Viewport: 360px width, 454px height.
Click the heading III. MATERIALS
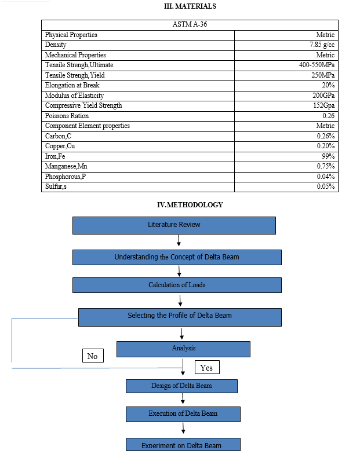click(190, 6)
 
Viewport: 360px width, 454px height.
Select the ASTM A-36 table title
click(190, 24)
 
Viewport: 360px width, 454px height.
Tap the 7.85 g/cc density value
click(322, 45)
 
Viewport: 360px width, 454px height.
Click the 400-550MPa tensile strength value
click(317, 65)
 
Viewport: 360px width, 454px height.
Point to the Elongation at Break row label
click(72, 85)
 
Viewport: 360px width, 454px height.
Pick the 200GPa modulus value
click(323, 95)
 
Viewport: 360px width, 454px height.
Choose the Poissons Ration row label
click(67, 116)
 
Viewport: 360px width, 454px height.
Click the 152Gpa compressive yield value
click(323, 105)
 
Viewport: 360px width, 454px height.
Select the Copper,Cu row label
click(60, 146)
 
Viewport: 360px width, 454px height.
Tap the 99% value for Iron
click(328, 156)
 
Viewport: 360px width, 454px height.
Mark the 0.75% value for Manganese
click(326, 166)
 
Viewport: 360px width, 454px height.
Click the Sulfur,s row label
click(56, 186)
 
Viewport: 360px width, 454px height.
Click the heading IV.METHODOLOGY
click(190, 205)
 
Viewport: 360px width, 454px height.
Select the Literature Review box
click(174, 225)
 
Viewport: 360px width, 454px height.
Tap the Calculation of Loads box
click(177, 285)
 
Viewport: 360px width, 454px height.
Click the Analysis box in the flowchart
click(183, 349)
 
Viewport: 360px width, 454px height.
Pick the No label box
click(93, 356)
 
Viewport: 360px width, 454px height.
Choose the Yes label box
click(207, 367)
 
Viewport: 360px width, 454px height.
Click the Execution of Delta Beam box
click(183, 414)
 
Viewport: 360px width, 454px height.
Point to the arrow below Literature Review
click(179, 240)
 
